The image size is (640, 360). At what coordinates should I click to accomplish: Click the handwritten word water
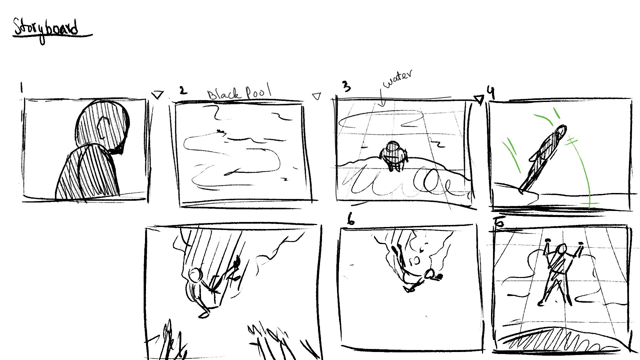point(398,79)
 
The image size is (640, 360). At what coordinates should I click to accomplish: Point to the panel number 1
point(21,88)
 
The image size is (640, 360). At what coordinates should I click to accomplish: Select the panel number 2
point(183,90)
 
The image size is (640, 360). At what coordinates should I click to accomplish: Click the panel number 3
point(347,86)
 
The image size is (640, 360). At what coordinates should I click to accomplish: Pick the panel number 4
point(491,92)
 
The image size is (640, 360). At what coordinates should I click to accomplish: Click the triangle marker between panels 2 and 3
point(316,96)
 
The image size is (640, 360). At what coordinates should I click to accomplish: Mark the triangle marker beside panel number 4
point(479,99)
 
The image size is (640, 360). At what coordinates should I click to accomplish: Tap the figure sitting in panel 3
point(393,156)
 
